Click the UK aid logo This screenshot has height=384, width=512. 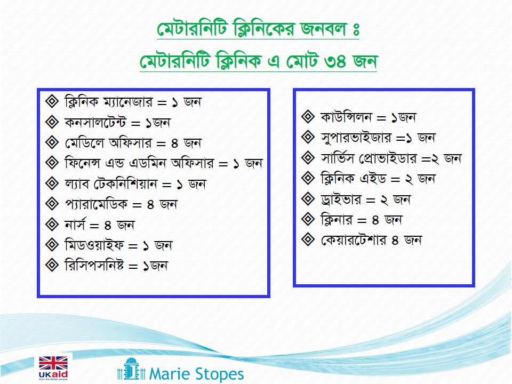(53, 368)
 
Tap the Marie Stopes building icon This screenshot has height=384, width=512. (131, 369)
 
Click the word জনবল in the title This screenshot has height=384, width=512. (323, 29)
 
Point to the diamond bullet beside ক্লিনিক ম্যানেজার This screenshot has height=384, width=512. (52, 101)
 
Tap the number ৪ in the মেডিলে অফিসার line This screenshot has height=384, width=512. (174, 143)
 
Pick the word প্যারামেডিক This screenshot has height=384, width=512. (96, 204)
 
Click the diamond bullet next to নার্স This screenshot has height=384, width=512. (52, 225)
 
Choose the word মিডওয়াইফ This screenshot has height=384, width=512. (94, 245)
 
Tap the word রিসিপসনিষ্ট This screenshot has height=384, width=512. (94, 266)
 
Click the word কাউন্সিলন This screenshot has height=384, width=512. (346, 117)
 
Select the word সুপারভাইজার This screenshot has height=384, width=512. (356, 138)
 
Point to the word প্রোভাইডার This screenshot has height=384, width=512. (388, 158)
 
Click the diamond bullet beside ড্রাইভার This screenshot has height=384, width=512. (308, 199)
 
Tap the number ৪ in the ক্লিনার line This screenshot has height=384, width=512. (375, 220)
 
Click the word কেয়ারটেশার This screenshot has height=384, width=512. (354, 240)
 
